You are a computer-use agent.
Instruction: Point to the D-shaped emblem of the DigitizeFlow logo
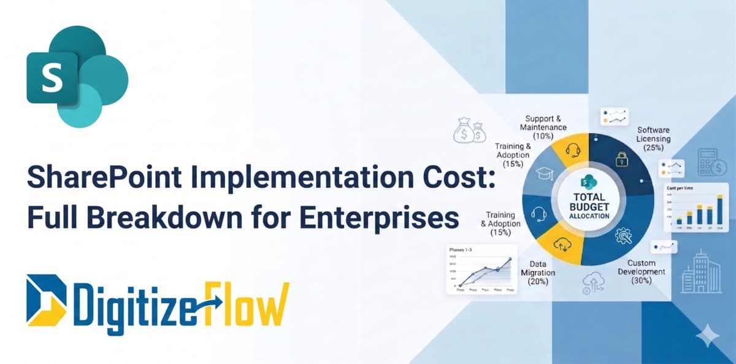(x=46, y=301)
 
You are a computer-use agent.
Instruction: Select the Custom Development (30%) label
(x=640, y=271)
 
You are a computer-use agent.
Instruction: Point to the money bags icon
(x=469, y=130)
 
